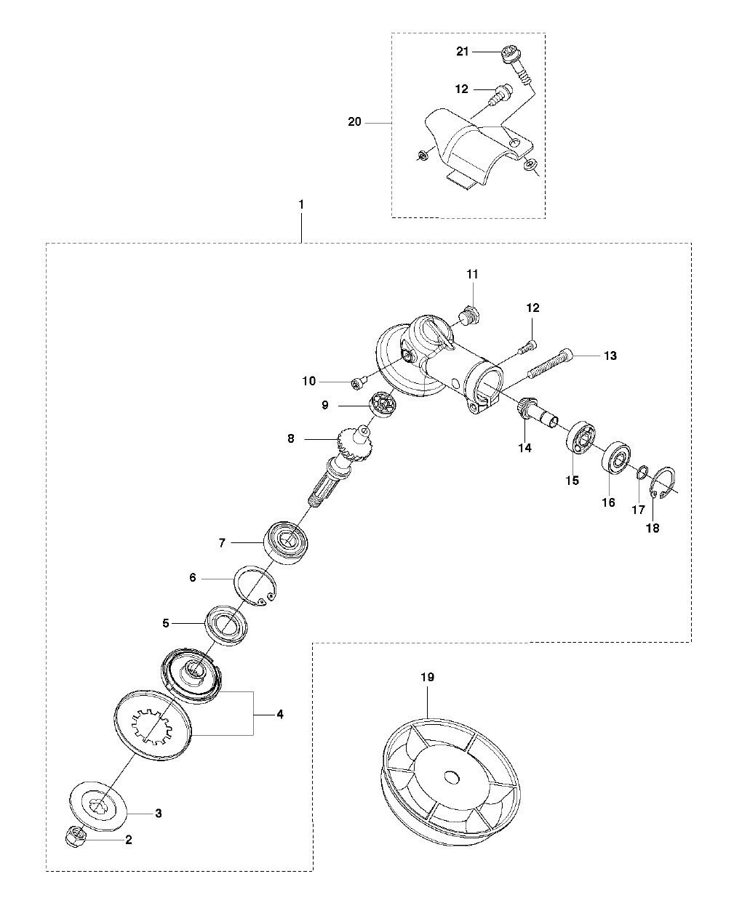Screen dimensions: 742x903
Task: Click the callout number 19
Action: tap(427, 677)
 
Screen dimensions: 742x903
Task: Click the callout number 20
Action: tap(355, 122)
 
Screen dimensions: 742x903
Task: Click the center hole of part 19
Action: tap(450, 776)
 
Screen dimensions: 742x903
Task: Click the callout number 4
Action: tap(280, 714)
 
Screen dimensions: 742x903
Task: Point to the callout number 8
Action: tap(291, 439)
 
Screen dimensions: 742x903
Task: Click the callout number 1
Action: tap(301, 204)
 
